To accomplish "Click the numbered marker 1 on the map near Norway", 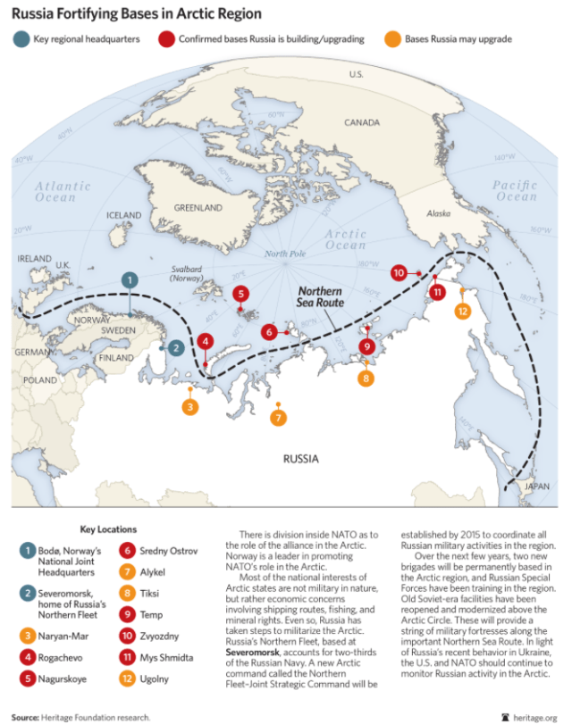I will click(x=130, y=280).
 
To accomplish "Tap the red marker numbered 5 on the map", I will click(x=240, y=294).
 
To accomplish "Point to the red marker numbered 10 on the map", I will click(x=399, y=272).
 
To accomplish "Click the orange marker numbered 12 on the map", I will click(x=462, y=311).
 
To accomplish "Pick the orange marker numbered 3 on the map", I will click(x=189, y=407).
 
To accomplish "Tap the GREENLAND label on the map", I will click(x=197, y=207).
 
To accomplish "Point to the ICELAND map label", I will click(x=124, y=216).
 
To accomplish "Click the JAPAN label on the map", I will click(x=535, y=487).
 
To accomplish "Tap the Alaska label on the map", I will click(x=439, y=213).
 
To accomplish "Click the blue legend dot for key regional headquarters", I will click(x=21, y=39).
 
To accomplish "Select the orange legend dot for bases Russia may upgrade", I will click(x=391, y=39).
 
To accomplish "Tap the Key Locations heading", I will click(x=108, y=529).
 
